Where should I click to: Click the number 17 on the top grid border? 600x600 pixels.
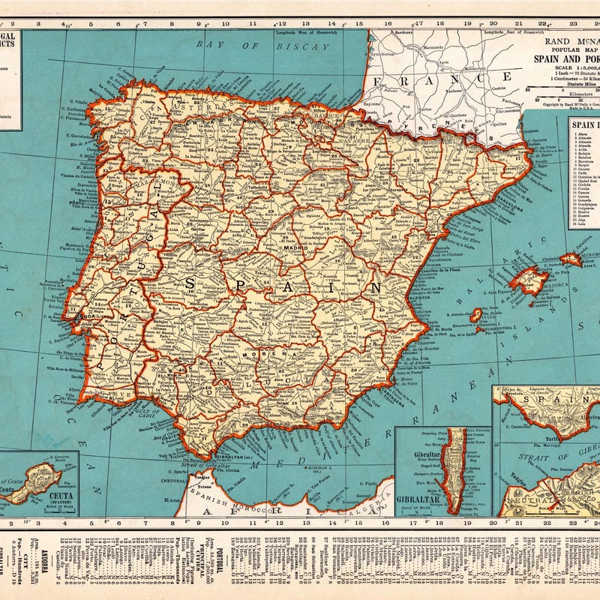tap(418, 24)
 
